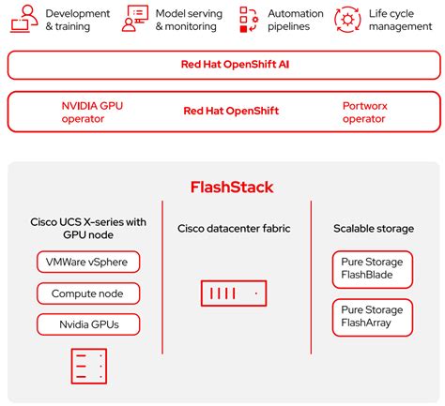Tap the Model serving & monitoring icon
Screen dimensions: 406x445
coord(138,18)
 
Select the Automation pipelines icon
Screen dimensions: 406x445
coord(248,18)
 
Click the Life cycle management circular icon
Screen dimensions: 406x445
coord(347,18)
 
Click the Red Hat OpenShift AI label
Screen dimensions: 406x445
coord(222,65)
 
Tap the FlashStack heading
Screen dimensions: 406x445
coord(222,187)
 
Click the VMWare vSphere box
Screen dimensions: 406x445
coord(87,261)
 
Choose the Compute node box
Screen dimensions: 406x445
coord(87,293)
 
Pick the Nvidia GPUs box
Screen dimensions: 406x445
coord(87,324)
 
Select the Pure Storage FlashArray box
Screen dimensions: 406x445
coord(371,317)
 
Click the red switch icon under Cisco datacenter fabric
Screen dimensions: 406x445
coord(233,293)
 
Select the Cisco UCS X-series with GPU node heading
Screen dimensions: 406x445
coord(87,228)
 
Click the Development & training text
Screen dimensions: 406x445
coord(77,20)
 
